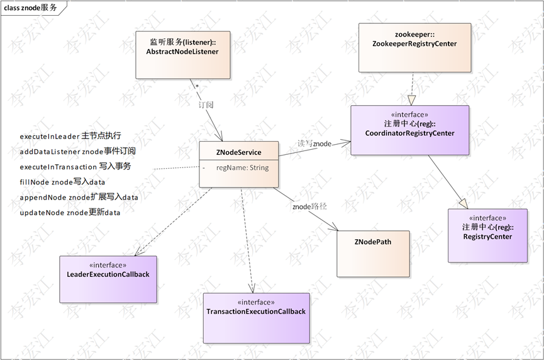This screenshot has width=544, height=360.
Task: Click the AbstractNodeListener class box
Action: (x=182, y=55)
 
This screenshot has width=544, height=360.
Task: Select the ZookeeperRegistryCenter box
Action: (x=414, y=47)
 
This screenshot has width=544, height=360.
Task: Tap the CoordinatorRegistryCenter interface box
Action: (x=409, y=130)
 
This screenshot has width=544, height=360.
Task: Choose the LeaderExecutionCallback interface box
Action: (x=108, y=279)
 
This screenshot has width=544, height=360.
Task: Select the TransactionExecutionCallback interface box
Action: (x=256, y=317)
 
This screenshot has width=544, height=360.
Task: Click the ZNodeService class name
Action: (x=238, y=152)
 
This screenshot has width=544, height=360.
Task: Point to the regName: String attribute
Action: (x=242, y=168)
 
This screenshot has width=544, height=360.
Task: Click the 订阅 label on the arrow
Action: (x=206, y=105)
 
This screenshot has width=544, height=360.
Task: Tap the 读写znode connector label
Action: (x=314, y=143)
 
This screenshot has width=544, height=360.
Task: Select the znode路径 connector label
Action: (x=309, y=206)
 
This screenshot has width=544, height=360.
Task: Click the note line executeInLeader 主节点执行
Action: (x=70, y=136)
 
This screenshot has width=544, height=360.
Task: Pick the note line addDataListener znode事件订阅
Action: (x=78, y=151)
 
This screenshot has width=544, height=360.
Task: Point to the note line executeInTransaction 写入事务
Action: (x=75, y=167)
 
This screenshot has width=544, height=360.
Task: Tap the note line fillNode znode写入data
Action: (x=62, y=182)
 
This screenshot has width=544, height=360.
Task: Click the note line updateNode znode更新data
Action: (x=70, y=212)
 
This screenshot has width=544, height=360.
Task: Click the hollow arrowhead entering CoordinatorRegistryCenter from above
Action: (x=411, y=100)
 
